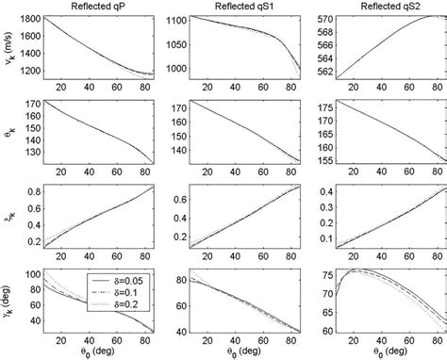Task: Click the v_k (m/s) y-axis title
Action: [x=8, y=49]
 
